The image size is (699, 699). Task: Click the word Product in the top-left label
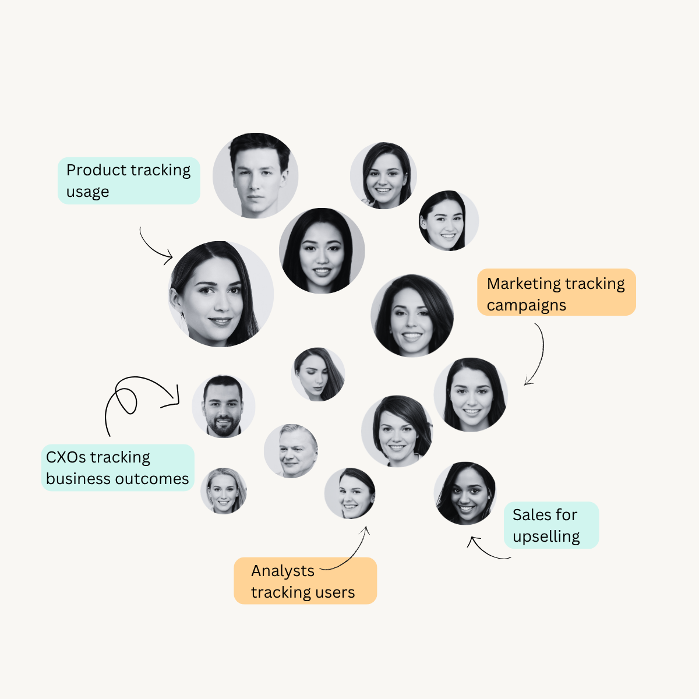pos(97,170)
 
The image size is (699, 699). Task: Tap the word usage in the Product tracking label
pos(87,192)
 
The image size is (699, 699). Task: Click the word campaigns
pos(527,305)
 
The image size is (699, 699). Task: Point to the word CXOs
pos(66,457)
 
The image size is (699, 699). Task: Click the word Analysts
pos(283,571)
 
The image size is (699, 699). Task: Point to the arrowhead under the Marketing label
pos(528,381)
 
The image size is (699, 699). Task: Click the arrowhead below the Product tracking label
pos(169,257)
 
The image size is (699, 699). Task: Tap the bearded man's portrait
pos(224,406)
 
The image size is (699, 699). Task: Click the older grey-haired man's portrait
pos(291,451)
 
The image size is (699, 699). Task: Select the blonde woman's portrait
pos(224,491)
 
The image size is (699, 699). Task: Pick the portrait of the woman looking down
pos(318,375)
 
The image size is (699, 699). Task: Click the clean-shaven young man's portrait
pos(255,175)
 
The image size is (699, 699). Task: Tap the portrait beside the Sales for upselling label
pos(465,493)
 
